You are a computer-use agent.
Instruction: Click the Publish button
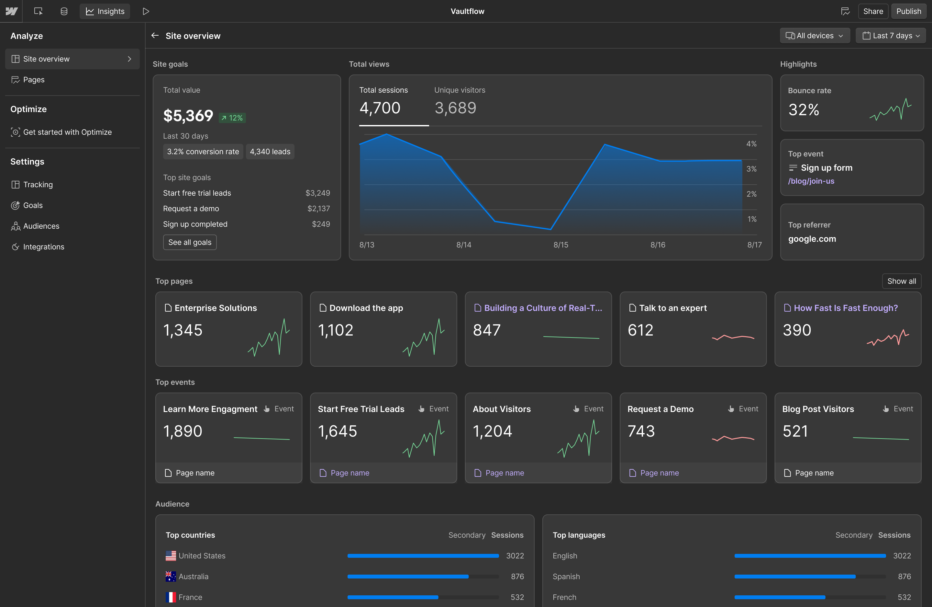tap(908, 11)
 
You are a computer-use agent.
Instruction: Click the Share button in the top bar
tap(873, 11)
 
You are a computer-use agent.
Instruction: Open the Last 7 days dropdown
tap(891, 36)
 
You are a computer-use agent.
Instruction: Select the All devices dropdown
tap(815, 36)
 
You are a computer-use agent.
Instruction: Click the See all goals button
tap(190, 242)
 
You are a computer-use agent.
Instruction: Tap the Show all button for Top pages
tap(902, 281)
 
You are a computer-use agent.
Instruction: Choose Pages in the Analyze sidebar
tap(34, 80)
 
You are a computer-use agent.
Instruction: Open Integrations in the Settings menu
tap(43, 247)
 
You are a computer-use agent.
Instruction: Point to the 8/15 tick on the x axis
tap(561, 245)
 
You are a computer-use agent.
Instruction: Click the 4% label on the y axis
tap(751, 144)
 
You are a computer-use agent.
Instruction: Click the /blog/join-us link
tap(811, 181)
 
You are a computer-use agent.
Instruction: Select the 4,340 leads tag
tap(270, 152)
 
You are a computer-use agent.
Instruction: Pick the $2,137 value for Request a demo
tap(319, 209)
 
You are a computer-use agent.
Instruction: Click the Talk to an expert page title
tap(673, 308)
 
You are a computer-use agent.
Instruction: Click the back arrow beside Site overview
tap(155, 36)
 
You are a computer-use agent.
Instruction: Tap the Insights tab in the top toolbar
tap(105, 11)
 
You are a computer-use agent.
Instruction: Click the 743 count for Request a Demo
tap(641, 431)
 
